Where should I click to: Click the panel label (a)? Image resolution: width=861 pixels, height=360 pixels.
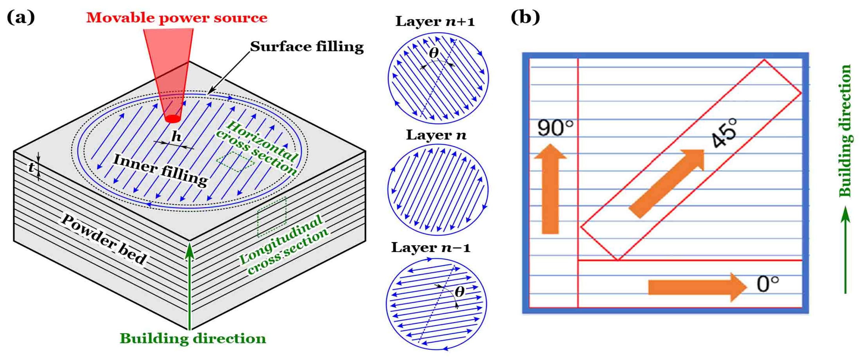point(21,17)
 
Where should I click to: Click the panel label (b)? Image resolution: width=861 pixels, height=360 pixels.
point(525,17)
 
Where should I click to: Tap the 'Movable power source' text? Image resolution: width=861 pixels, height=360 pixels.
point(177,17)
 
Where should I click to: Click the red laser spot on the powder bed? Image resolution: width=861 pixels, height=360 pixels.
point(172,118)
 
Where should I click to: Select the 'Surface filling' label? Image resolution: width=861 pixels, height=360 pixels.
point(307,46)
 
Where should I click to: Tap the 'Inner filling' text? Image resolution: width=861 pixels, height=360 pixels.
point(161,170)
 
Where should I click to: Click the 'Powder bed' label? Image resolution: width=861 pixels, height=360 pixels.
point(104,239)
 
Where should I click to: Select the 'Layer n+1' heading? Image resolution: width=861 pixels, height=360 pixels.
point(435,21)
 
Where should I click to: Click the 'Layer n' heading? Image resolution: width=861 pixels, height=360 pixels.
point(436,135)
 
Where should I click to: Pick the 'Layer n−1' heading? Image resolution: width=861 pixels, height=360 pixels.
point(431,247)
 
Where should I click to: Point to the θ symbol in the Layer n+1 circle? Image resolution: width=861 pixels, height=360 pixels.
point(434,53)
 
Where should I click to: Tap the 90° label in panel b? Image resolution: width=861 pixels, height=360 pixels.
point(555,128)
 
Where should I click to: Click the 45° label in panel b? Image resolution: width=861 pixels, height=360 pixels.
point(724,133)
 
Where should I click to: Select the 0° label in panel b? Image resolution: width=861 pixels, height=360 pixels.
point(768,284)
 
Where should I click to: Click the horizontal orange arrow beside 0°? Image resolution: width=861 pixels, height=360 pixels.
point(698,287)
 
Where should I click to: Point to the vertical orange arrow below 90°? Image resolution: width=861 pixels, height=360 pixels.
point(550,189)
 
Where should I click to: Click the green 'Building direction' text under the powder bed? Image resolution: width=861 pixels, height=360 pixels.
point(193,338)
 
